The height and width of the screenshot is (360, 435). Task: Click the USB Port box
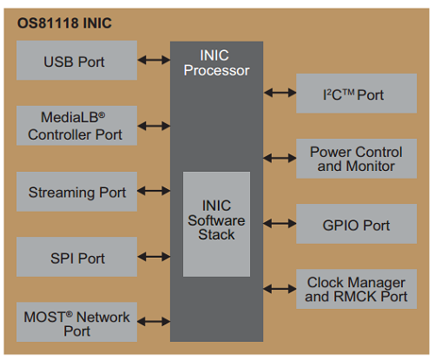coord(76,60)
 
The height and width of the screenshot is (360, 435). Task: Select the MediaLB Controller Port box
coord(76,126)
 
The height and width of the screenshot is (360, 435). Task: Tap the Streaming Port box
coord(76,192)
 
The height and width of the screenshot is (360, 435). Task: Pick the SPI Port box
coord(76,257)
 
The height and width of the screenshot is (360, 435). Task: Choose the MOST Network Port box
coord(76,322)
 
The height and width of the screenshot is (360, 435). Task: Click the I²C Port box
coord(356,93)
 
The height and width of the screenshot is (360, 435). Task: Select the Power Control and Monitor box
coord(356,159)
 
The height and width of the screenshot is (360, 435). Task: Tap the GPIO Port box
coord(356,224)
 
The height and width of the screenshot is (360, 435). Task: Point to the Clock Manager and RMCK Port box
coord(356,289)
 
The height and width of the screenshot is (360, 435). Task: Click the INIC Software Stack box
coord(216,224)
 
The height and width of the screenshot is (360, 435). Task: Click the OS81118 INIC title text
coord(64,23)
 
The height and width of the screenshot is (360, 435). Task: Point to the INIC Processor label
coord(216,62)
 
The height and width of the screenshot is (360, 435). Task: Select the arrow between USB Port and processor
coord(154,60)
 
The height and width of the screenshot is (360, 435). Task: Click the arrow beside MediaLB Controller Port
coord(154,126)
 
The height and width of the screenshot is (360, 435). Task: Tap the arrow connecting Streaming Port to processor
coord(154,191)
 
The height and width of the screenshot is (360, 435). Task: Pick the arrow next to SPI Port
coord(154,257)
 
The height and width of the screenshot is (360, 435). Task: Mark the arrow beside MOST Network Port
coord(154,322)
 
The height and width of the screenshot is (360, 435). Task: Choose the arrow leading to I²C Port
coord(280,93)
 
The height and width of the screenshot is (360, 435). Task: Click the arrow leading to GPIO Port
coord(280,224)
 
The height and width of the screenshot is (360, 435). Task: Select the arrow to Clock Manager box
coord(280,289)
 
